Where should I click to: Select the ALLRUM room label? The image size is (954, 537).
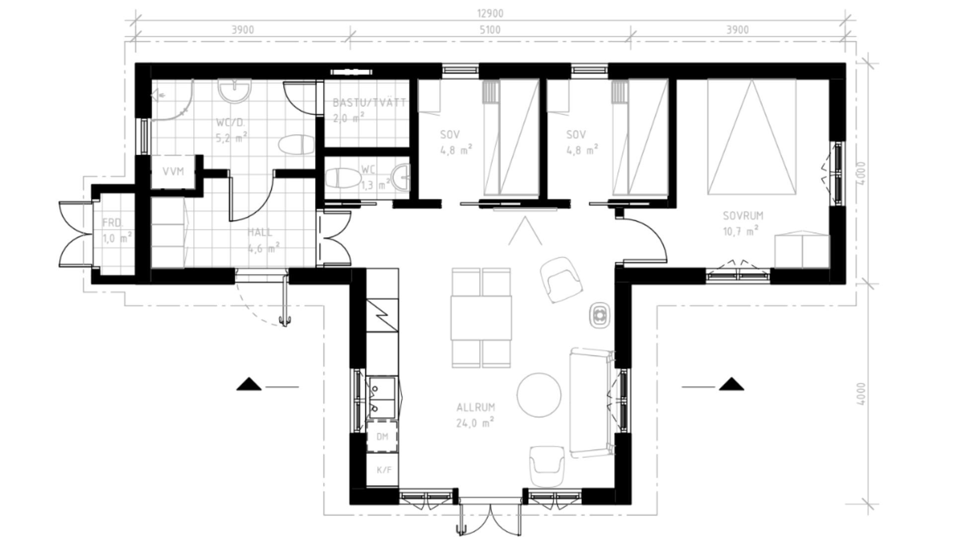(x=476, y=407)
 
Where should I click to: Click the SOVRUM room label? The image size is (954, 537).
(x=743, y=216)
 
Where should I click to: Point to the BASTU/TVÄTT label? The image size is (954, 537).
(x=369, y=103)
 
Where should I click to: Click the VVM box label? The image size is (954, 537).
(x=173, y=172)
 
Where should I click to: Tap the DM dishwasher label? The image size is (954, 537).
(x=382, y=437)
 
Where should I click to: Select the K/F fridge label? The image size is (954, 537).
(x=384, y=470)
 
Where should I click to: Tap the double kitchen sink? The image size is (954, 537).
(x=382, y=397)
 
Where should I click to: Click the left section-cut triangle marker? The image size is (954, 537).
(x=248, y=384)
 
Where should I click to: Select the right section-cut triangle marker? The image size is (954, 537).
(x=731, y=384)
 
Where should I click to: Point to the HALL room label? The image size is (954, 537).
(x=260, y=232)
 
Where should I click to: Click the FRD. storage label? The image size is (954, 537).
(x=112, y=222)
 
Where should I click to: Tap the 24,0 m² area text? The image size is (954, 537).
(x=475, y=423)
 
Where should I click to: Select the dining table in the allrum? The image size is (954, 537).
(x=481, y=318)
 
